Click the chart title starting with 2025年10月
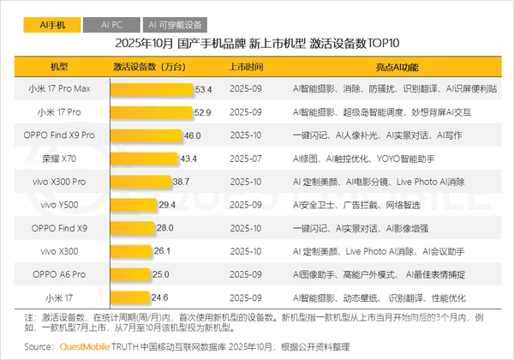click(257, 45)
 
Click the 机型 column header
click(59, 66)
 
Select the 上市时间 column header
click(246, 66)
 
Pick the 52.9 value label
click(203, 111)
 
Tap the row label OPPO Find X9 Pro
click(59, 135)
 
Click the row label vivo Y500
click(59, 204)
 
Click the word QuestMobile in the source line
click(87, 347)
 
